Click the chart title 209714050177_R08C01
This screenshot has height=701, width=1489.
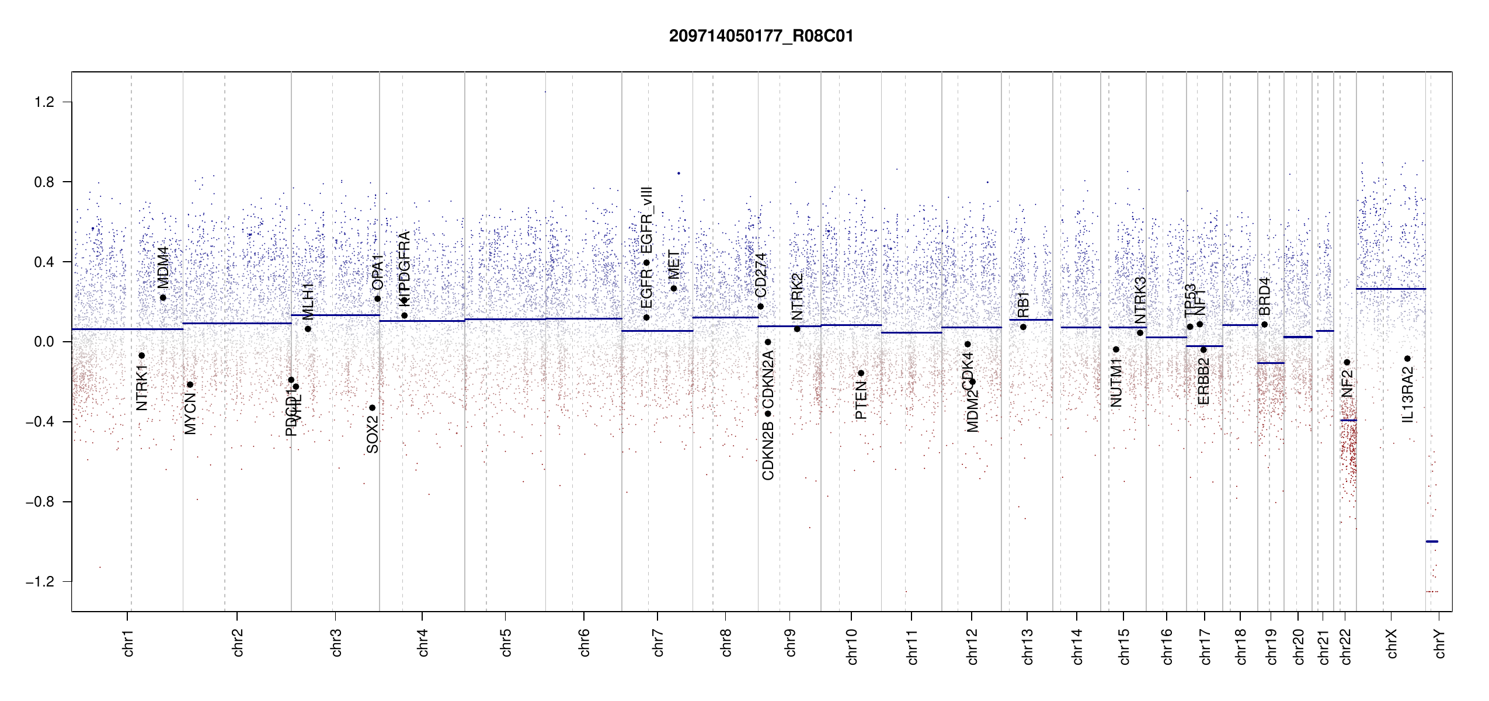coord(761,36)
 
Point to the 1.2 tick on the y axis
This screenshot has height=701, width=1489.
coord(44,102)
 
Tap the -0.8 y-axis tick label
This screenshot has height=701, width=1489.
coord(40,502)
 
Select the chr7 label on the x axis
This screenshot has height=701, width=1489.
coord(658,643)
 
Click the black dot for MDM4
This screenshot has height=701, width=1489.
coord(163,297)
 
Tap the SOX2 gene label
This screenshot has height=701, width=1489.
coord(373,433)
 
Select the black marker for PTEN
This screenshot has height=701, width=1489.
coord(861,373)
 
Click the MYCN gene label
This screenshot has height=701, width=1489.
coord(190,414)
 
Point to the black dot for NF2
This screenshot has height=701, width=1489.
coord(1347,362)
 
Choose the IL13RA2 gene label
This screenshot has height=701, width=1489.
coord(1408,395)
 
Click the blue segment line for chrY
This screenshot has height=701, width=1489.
coord(1432,542)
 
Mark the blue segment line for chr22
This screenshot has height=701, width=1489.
coord(1348,420)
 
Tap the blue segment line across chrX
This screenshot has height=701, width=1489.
coord(1390,289)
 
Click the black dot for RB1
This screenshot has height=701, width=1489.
coord(1023,327)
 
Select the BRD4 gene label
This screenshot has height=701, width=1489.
coord(1264,296)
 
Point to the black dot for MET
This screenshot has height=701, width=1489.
coord(673,288)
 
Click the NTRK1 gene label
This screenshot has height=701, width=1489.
coord(142,387)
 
